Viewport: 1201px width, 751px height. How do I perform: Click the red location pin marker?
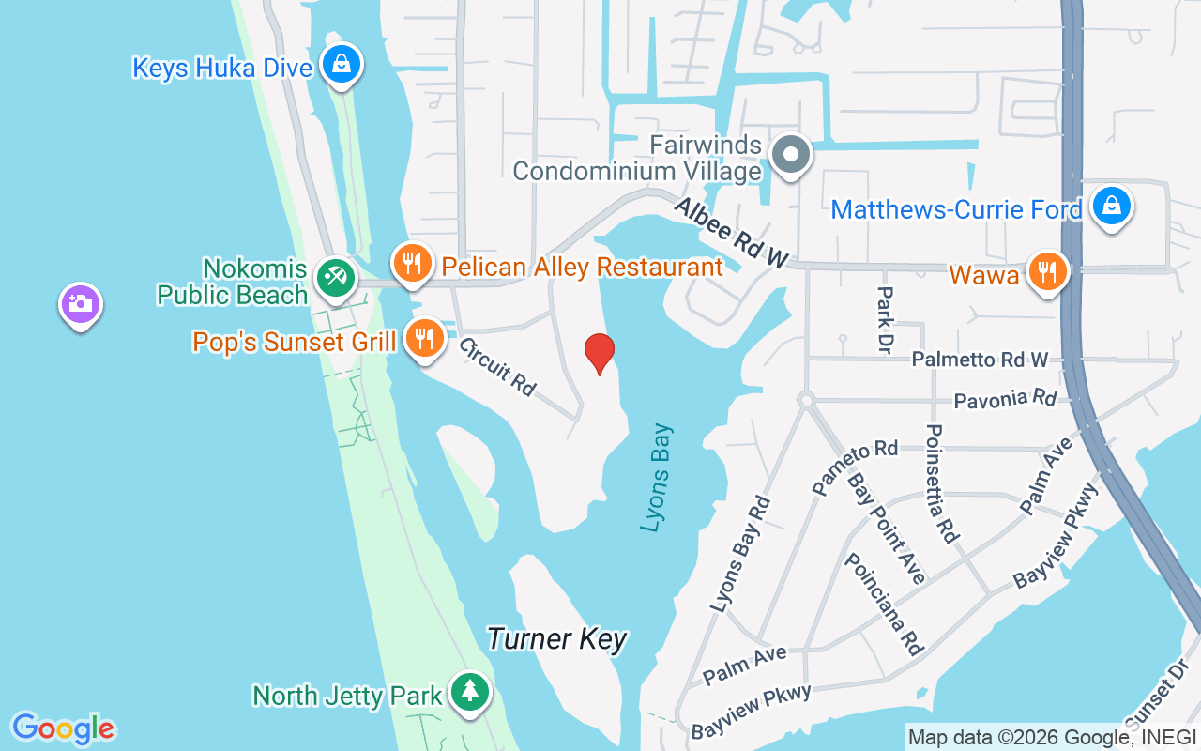(600, 353)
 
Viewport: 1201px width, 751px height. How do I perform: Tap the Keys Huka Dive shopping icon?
(341, 65)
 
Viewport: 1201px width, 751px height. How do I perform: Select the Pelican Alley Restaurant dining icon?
(411, 264)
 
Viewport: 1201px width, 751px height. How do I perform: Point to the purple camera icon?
(81, 304)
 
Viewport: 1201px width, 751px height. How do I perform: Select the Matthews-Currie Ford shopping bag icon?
(1112, 206)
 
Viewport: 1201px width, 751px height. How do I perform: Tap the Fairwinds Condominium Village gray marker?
(790, 154)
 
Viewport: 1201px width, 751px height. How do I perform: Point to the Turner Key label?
(556, 639)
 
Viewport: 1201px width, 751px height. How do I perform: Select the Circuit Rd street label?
(496, 365)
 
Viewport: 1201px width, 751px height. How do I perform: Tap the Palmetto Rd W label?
(980, 360)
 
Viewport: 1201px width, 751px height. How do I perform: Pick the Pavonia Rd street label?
(1005, 400)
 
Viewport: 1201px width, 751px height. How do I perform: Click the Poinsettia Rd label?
(941, 483)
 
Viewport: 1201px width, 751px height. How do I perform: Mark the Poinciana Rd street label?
(884, 603)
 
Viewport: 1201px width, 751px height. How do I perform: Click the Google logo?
(63, 728)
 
